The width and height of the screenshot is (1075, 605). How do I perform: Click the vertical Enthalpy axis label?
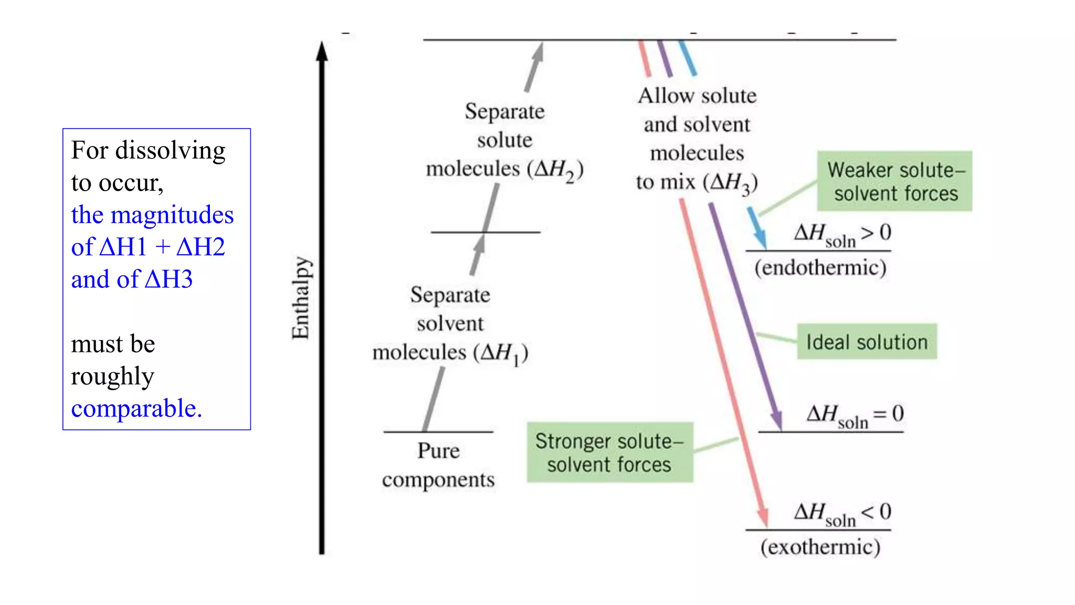pyautogui.click(x=301, y=298)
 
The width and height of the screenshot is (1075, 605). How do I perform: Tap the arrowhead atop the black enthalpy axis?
pyautogui.click(x=322, y=51)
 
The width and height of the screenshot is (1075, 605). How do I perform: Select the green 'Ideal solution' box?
pyautogui.click(x=867, y=342)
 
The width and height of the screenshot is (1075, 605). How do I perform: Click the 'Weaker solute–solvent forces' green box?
pyautogui.click(x=894, y=181)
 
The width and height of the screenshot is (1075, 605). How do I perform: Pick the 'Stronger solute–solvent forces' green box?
pyautogui.click(x=609, y=452)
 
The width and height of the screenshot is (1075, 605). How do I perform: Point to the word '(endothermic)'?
pyautogui.click(x=820, y=268)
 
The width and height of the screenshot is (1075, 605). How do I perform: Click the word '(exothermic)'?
pyautogui.click(x=820, y=547)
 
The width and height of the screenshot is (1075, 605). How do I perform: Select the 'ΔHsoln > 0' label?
pyautogui.click(x=842, y=234)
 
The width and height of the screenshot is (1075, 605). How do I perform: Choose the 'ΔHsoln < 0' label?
pyautogui.click(x=842, y=513)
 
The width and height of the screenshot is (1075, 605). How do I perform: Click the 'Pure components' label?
pyautogui.click(x=438, y=465)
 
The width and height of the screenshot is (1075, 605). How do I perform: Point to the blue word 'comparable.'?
pyautogui.click(x=136, y=408)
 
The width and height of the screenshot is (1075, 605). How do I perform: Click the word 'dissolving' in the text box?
pyautogui.click(x=171, y=150)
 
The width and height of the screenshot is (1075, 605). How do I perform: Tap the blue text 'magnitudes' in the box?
pyautogui.click(x=172, y=215)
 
